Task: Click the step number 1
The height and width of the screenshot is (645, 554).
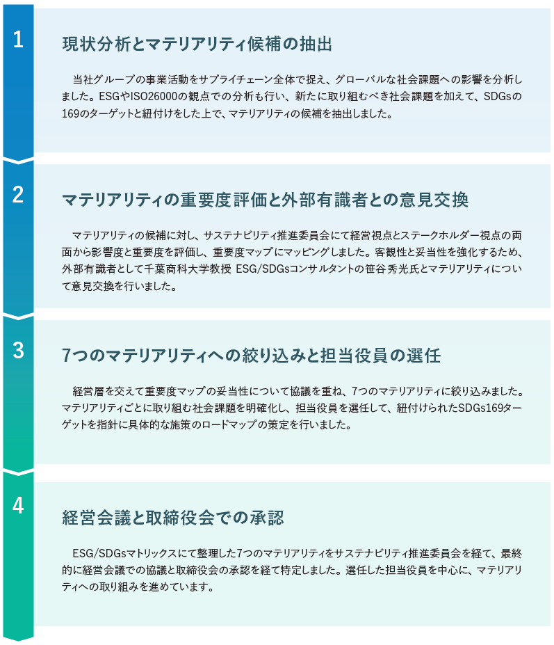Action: (x=18, y=40)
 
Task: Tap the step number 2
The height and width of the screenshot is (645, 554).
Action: (x=18, y=195)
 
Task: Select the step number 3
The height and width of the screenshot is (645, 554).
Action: (x=18, y=351)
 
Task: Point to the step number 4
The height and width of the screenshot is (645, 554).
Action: (x=18, y=506)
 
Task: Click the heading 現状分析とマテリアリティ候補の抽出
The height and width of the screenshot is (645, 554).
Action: (x=197, y=44)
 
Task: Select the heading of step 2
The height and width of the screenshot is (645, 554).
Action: (x=265, y=200)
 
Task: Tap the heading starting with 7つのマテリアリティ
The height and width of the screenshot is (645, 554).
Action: (x=251, y=356)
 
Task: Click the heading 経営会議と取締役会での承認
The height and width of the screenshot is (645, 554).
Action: (x=172, y=518)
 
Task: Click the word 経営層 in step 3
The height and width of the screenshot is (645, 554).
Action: (x=88, y=391)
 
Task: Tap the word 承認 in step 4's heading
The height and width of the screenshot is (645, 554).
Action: (x=266, y=518)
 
